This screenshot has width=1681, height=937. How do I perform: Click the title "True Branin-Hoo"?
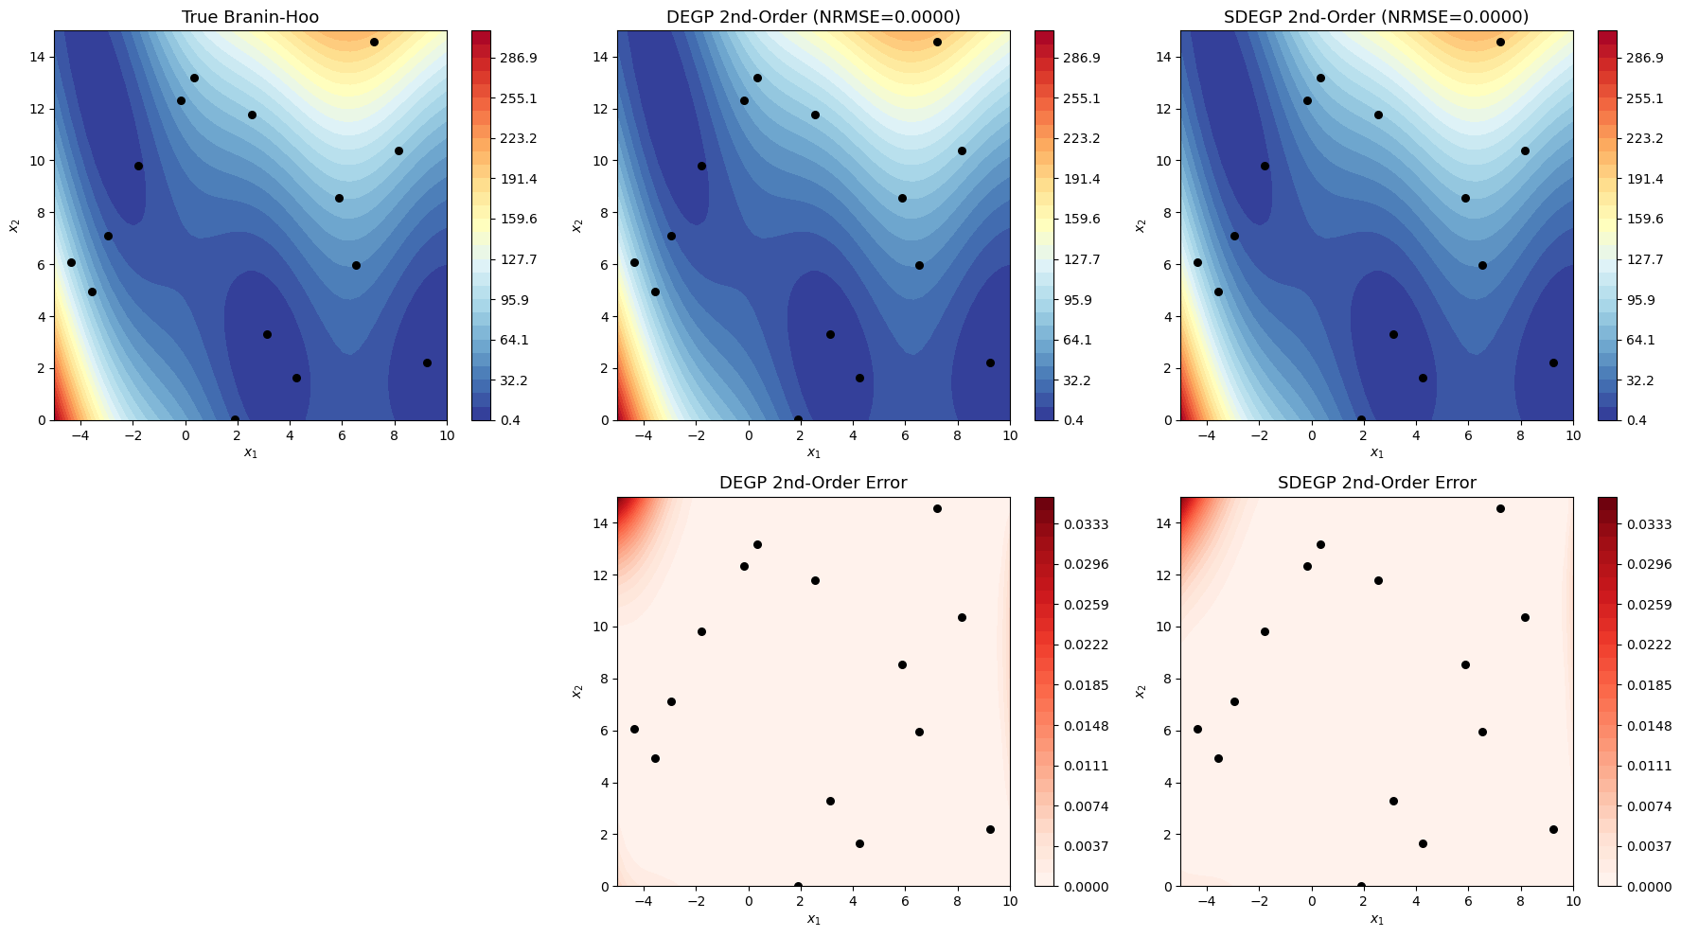(x=250, y=17)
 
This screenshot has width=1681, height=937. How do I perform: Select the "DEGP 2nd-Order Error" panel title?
(x=813, y=483)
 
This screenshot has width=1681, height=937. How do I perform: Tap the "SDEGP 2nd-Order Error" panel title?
(x=1376, y=483)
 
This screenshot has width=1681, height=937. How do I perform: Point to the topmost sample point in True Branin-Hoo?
(x=374, y=42)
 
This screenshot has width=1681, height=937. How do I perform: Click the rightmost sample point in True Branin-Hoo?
(x=427, y=362)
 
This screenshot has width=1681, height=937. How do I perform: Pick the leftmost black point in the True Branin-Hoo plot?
(x=71, y=262)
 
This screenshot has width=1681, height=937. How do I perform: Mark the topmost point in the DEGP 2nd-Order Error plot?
(x=937, y=508)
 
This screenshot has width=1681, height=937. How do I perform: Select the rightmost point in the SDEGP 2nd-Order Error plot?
(x=1553, y=829)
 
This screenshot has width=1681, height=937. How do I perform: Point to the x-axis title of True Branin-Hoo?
(x=250, y=453)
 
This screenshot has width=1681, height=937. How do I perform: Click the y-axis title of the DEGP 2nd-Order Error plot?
(x=575, y=692)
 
